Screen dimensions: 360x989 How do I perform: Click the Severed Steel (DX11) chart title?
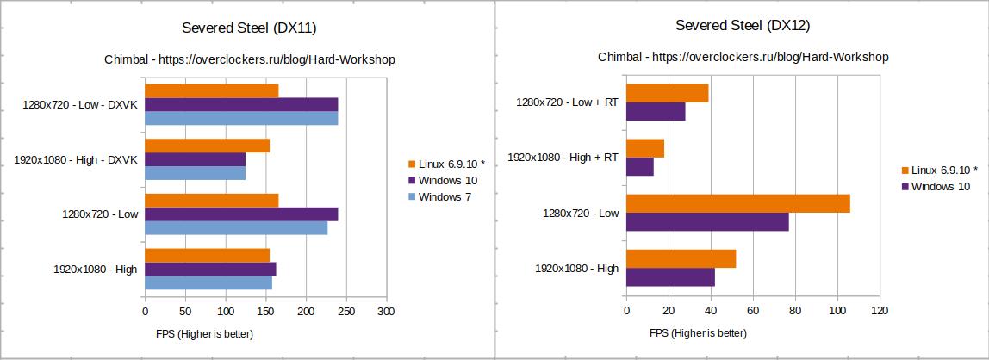tap(249, 28)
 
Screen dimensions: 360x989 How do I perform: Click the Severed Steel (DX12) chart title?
tap(742, 26)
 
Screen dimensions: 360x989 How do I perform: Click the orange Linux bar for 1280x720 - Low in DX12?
tap(737, 203)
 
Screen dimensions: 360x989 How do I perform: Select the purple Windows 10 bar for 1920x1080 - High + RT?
tap(639, 167)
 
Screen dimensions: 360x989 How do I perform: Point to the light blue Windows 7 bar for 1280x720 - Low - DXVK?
tap(240, 118)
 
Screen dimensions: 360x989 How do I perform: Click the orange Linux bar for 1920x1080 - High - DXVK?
tap(207, 146)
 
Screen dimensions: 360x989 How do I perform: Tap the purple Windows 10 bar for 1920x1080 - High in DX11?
tap(209, 269)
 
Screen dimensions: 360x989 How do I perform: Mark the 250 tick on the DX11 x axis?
tap(346, 311)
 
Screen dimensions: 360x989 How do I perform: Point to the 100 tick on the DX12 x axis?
tap(837, 311)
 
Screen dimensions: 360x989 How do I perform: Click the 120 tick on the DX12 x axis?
tap(880, 311)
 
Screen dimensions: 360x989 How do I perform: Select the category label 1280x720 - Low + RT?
tap(567, 102)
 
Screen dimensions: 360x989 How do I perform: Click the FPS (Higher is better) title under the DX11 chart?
tap(204, 333)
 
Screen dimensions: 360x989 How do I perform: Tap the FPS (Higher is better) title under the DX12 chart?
tap(698, 333)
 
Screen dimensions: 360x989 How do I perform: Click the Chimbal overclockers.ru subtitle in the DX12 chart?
tap(743, 57)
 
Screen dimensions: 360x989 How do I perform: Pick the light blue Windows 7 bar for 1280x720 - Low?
tap(235, 228)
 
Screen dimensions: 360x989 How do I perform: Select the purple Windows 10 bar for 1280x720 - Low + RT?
tap(656, 112)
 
